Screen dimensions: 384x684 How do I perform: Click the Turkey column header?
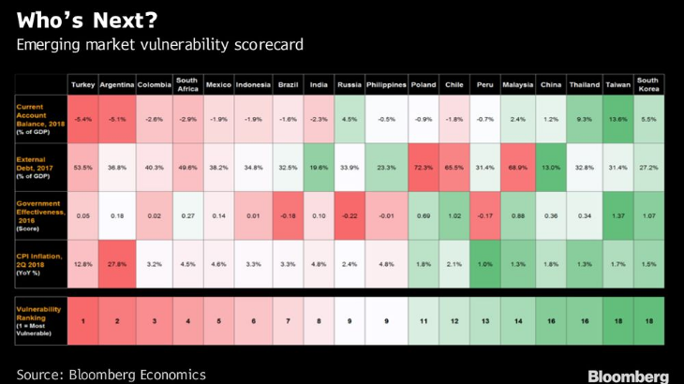point(82,84)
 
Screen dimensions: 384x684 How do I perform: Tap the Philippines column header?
point(386,84)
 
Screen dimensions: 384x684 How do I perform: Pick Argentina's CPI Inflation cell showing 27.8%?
point(117,264)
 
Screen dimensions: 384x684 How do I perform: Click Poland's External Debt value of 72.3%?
point(422,167)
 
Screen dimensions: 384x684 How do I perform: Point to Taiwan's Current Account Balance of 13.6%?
point(617,119)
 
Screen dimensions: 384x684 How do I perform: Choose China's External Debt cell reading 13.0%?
point(550,167)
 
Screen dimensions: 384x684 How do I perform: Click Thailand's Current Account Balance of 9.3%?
point(584,119)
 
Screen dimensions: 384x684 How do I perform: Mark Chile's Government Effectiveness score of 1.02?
point(454,215)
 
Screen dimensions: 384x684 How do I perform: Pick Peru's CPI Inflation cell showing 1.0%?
point(484,264)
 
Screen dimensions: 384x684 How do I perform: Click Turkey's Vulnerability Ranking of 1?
point(82,321)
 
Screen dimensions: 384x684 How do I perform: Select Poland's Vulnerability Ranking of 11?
point(422,321)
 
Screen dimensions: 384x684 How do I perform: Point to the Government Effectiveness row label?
point(41,215)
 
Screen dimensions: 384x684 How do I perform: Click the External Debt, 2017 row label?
point(38,167)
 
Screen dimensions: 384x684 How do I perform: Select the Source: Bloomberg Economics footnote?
point(111,374)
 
